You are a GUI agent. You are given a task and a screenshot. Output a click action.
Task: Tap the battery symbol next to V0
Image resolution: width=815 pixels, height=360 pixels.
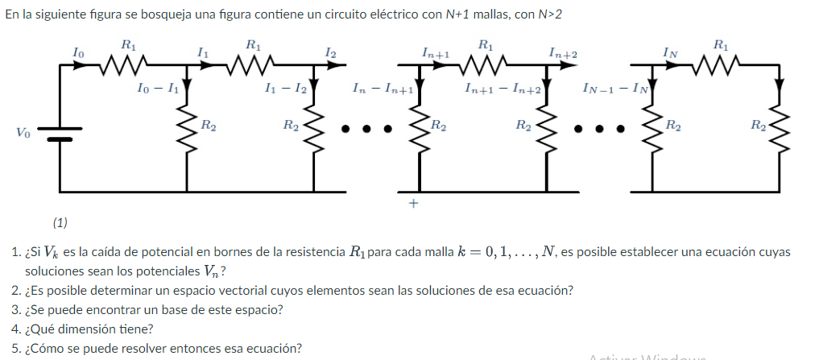60,131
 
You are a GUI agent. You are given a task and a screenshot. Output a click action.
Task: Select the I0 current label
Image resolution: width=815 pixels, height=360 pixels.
78,52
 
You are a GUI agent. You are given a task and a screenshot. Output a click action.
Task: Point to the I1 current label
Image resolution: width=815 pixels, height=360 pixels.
204,52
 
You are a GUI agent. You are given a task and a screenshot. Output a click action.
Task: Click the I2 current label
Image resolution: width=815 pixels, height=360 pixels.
330,52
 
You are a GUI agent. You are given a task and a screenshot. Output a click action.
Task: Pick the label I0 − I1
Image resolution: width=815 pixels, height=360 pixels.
157,87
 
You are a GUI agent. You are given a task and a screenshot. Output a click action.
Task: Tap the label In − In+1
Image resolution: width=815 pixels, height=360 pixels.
382,87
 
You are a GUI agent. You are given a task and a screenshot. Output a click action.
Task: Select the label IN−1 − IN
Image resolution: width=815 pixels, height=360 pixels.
614,87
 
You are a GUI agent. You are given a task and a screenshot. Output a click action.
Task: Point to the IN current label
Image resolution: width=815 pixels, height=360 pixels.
669,52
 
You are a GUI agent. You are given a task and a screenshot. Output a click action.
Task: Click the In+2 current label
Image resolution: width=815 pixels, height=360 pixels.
563,52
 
